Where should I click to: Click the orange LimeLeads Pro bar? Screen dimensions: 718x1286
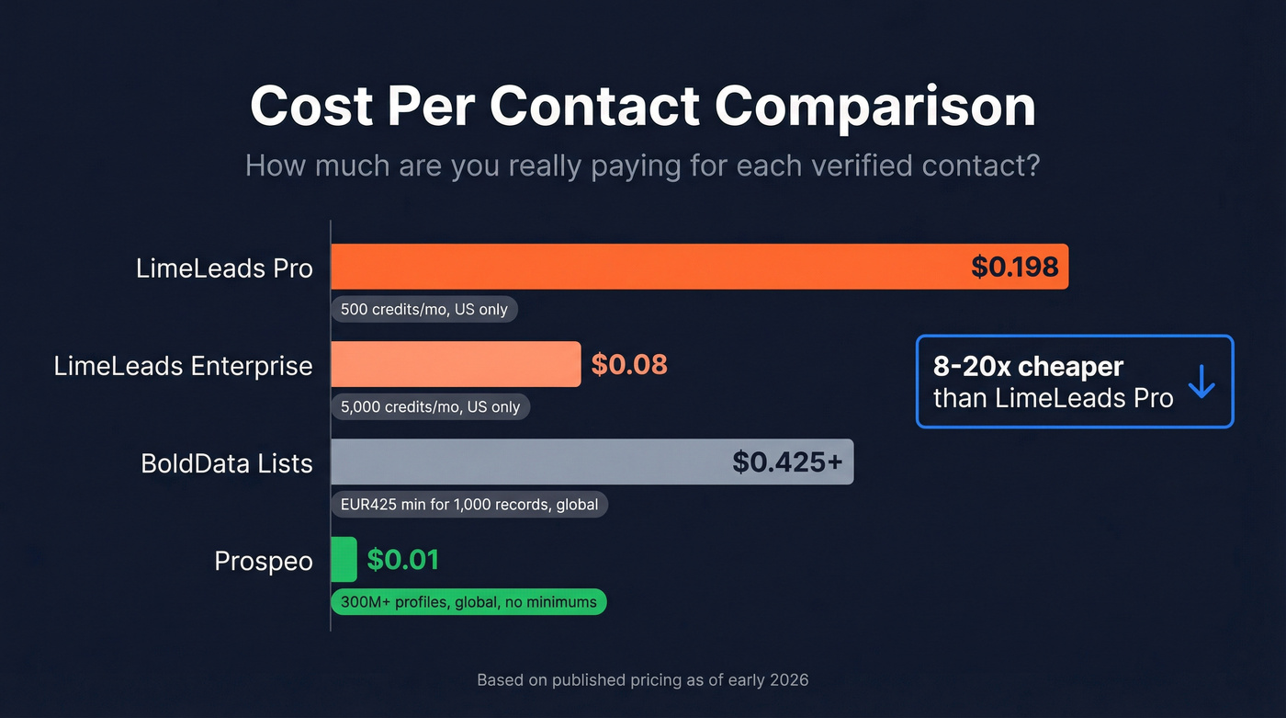click(x=643, y=267)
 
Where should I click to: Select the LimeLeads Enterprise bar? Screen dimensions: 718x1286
click(x=455, y=365)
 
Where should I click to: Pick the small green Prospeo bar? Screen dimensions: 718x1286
click(x=344, y=559)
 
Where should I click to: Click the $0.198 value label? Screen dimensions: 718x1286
click(x=1014, y=267)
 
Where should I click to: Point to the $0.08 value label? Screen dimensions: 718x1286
click(x=629, y=365)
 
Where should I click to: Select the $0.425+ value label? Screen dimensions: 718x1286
click(x=787, y=462)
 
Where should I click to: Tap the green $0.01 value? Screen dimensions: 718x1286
click(x=402, y=559)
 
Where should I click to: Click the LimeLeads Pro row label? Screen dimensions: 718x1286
click(x=224, y=268)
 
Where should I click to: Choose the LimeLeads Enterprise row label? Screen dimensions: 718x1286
click(x=183, y=366)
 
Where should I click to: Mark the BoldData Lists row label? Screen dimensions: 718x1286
click(x=226, y=462)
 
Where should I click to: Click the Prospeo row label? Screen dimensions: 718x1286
click(x=264, y=561)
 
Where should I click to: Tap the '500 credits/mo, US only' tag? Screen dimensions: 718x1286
click(x=424, y=309)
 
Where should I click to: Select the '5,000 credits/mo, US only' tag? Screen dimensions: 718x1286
click(x=430, y=406)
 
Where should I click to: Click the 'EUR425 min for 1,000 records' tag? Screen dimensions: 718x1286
click(x=468, y=504)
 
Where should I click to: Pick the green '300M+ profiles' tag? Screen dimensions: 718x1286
click(x=468, y=602)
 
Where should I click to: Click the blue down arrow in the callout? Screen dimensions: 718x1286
click(x=1201, y=382)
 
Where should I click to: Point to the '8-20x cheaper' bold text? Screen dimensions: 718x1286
click(x=1028, y=366)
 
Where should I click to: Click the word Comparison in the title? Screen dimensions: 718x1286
click(x=874, y=107)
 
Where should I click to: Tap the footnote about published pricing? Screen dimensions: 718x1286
click(x=643, y=680)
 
